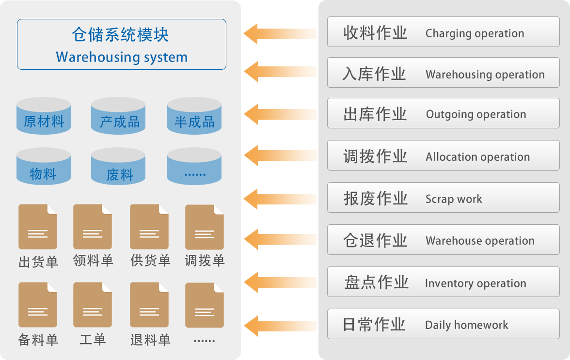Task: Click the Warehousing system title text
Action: pyautogui.click(x=121, y=57)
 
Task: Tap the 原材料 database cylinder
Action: pyautogui.click(x=44, y=116)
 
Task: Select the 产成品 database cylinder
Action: pyautogui.click(x=118, y=116)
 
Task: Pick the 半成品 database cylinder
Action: pyautogui.click(x=194, y=116)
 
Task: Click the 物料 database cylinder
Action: pyautogui.click(x=44, y=166)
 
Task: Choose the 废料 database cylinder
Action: pyautogui.click(x=118, y=166)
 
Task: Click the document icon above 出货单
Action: pyautogui.click(x=38, y=227)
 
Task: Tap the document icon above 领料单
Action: pyautogui.click(x=93, y=227)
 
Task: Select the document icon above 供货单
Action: pyautogui.click(x=149, y=227)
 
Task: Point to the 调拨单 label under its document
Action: pyautogui.click(x=205, y=261)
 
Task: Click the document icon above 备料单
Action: pyautogui.click(x=38, y=305)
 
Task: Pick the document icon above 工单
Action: pyautogui.click(x=93, y=305)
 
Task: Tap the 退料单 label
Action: pyautogui.click(x=150, y=340)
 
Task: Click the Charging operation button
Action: pyautogui.click(x=443, y=32)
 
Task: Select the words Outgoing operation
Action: pyautogui.click(x=476, y=114)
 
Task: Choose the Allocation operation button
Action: pyautogui.click(x=443, y=156)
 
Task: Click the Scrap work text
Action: pyautogui.click(x=454, y=199)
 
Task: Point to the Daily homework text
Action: pyautogui.click(x=467, y=325)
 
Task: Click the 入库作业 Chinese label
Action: pyautogui.click(x=374, y=74)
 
